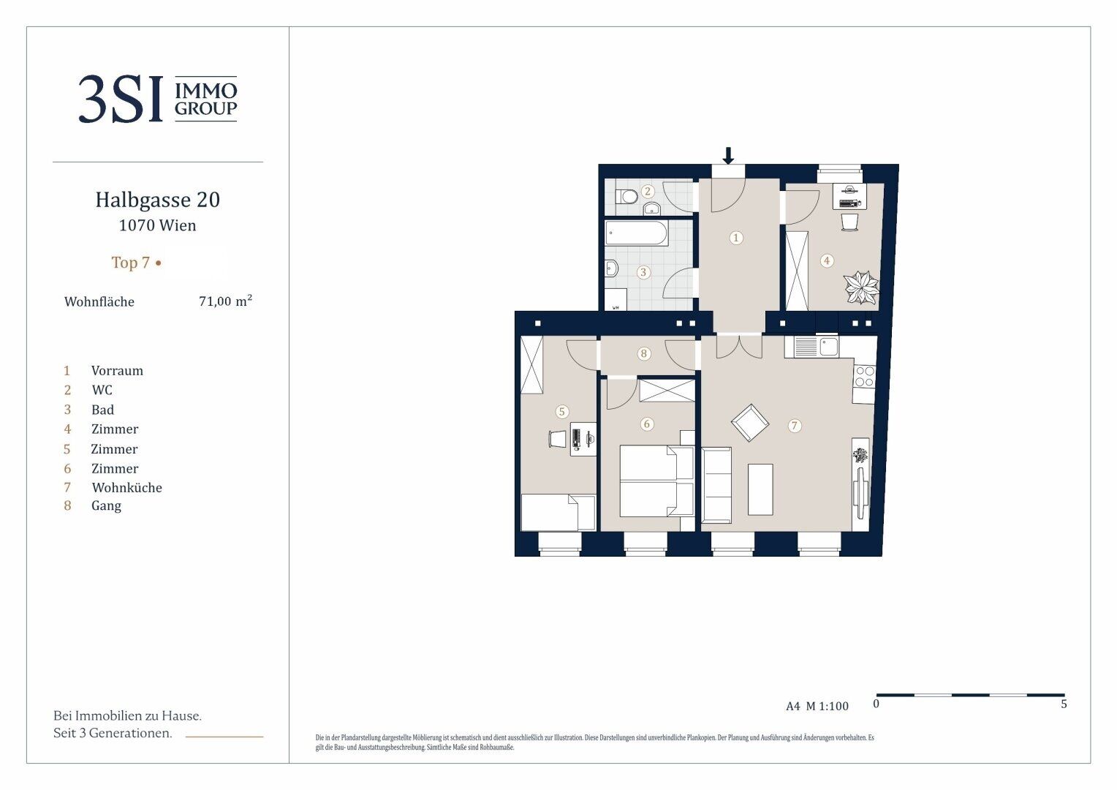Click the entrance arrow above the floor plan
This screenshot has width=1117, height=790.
tap(728, 156)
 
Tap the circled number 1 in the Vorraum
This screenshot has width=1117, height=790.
tap(736, 238)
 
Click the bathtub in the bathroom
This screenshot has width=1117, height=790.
tap(637, 233)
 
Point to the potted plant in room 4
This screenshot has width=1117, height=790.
tap(862, 287)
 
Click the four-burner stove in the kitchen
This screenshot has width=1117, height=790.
tap(864, 377)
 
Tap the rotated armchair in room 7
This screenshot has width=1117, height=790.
tap(749, 423)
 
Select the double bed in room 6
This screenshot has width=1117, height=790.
tap(656, 481)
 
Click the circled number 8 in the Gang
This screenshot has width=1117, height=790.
tap(644, 354)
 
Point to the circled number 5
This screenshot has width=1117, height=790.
tap(562, 412)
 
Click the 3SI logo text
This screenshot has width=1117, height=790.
tap(121, 99)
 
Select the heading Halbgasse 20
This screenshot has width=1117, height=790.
tap(158, 200)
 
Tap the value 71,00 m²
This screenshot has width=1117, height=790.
tap(225, 301)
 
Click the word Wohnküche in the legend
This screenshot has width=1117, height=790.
tap(126, 488)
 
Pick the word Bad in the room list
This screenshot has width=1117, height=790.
tap(103, 410)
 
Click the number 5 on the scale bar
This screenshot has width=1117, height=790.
tap(1064, 704)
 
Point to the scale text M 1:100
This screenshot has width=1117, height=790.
tap(828, 706)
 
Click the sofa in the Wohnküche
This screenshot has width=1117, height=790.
tap(716, 485)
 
